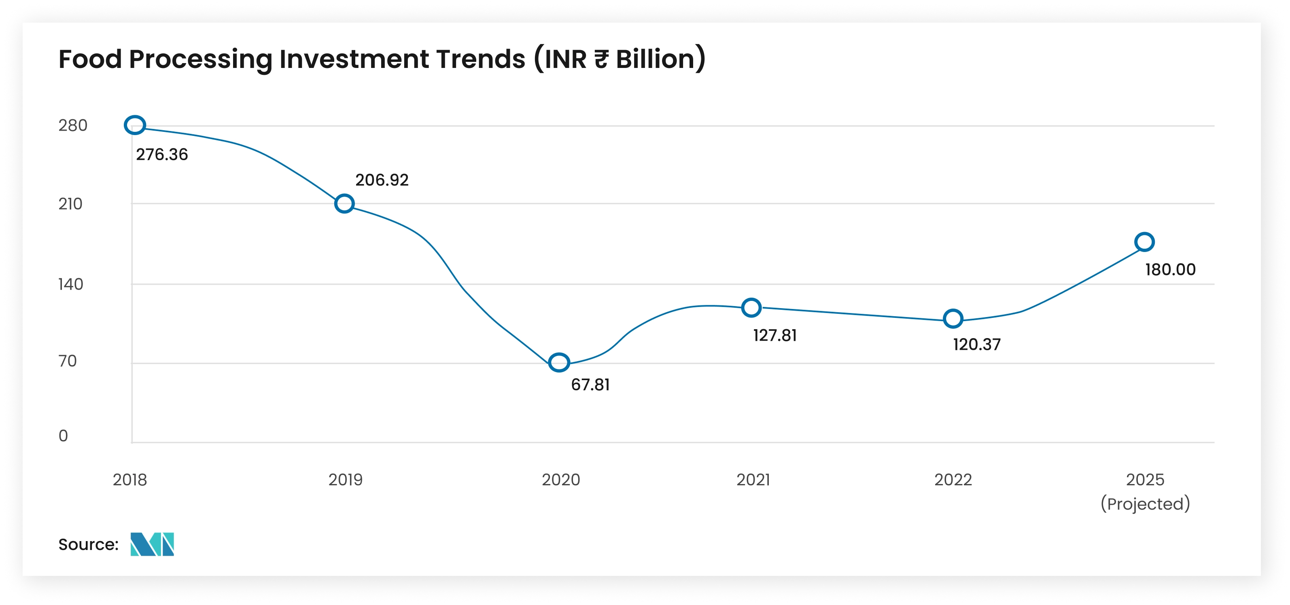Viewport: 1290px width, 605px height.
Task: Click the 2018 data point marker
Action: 135,125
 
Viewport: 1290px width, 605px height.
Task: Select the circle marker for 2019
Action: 344,204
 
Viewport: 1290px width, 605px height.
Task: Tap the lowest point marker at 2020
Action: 559,362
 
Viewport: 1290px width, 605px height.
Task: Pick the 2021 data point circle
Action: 751,307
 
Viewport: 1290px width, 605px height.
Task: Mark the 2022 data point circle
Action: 953,318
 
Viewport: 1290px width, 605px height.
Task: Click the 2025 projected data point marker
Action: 1144,242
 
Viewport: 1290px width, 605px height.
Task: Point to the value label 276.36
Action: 162,154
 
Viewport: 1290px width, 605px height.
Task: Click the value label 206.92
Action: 382,180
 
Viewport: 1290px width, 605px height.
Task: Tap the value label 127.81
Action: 775,335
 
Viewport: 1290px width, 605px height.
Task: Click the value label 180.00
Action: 1170,270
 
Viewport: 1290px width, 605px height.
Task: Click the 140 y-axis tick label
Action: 70,284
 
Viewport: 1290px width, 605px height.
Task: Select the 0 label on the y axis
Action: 63,436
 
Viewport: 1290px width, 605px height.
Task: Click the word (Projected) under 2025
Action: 1145,504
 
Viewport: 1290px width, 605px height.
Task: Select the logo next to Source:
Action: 152,544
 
